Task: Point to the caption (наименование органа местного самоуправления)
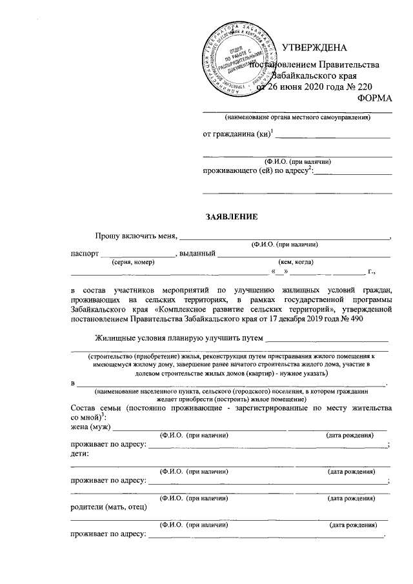[297, 118]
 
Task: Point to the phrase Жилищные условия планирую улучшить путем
[179, 337]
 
